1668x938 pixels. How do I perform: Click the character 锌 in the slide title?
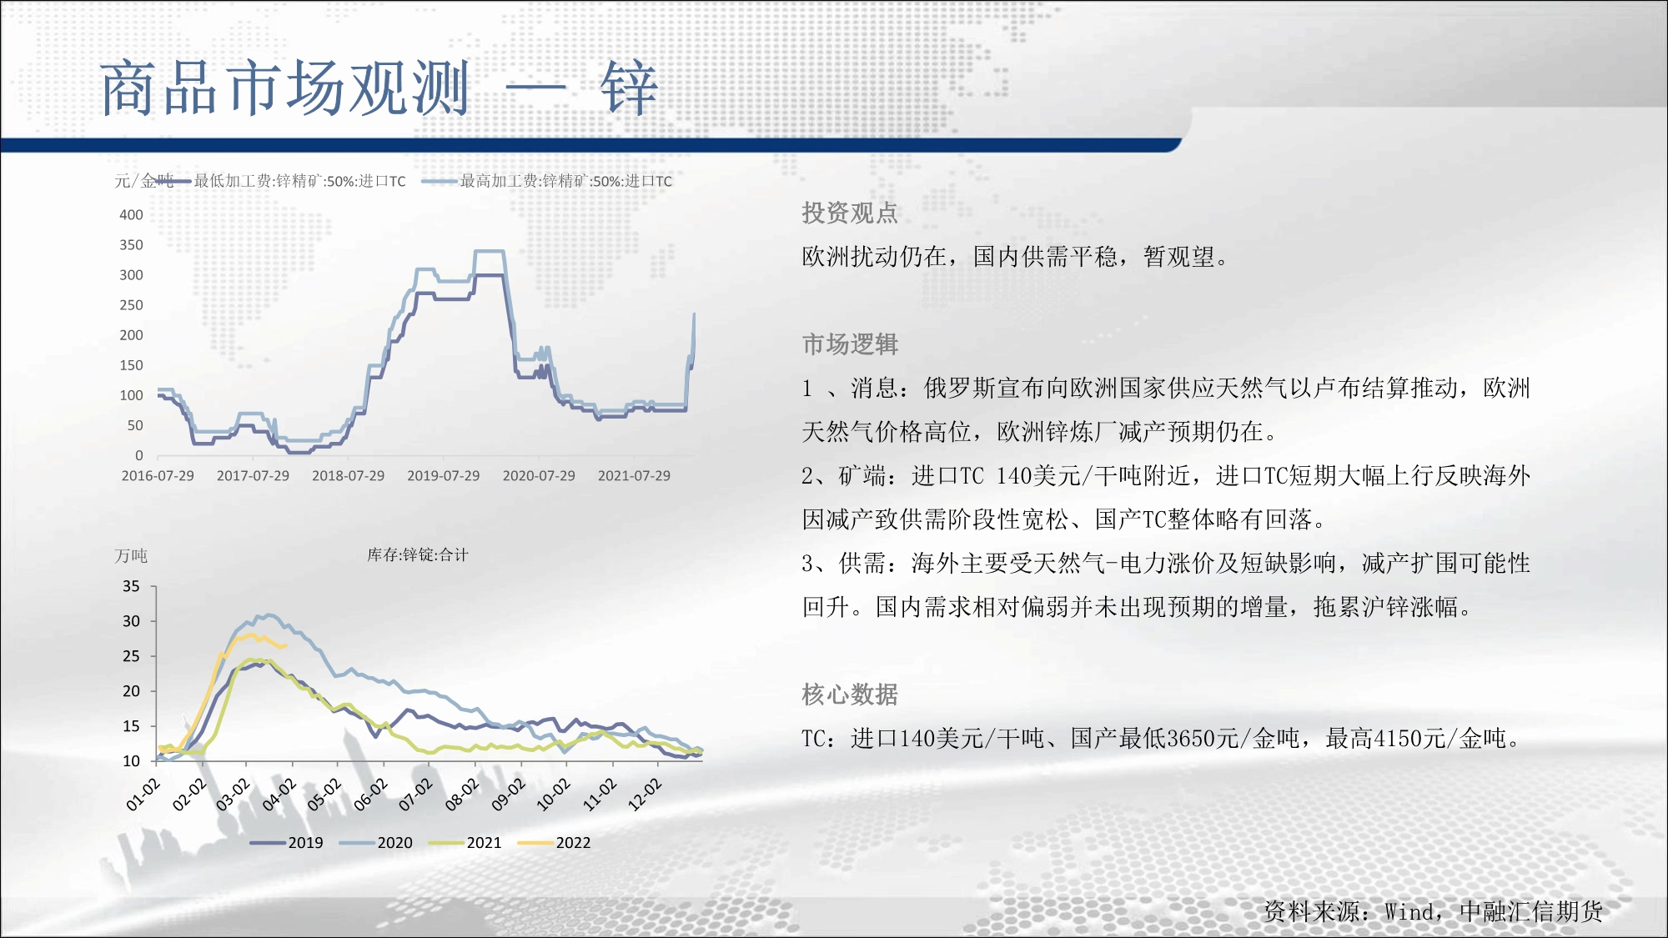pyautogui.click(x=629, y=88)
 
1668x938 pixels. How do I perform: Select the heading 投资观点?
pyautogui.click(x=850, y=213)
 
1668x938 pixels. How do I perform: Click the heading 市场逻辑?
pyautogui.click(x=850, y=344)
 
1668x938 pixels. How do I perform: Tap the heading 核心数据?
pyautogui.click(x=850, y=695)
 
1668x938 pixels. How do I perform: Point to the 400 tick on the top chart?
pyautogui.click(x=131, y=215)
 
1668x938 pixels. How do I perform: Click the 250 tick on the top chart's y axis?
pyautogui.click(x=131, y=305)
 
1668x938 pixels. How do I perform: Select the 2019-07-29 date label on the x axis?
pyautogui.click(x=444, y=476)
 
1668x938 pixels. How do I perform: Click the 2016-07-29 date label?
pyautogui.click(x=158, y=476)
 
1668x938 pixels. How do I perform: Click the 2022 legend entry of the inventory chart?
pyautogui.click(x=555, y=843)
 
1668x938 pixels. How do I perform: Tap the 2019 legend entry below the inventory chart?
pyautogui.click(x=287, y=843)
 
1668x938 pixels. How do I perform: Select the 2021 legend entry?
pyautogui.click(x=465, y=843)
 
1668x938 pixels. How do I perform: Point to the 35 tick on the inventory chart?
pyautogui.click(x=131, y=586)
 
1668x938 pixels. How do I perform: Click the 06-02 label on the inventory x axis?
pyautogui.click(x=370, y=795)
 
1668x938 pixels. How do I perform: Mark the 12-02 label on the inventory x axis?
pyautogui.click(x=645, y=795)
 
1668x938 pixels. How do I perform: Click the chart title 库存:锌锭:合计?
pyautogui.click(x=418, y=555)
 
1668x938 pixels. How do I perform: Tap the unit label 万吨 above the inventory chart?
pyautogui.click(x=131, y=556)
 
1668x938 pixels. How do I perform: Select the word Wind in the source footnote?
pyautogui.click(x=1409, y=912)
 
